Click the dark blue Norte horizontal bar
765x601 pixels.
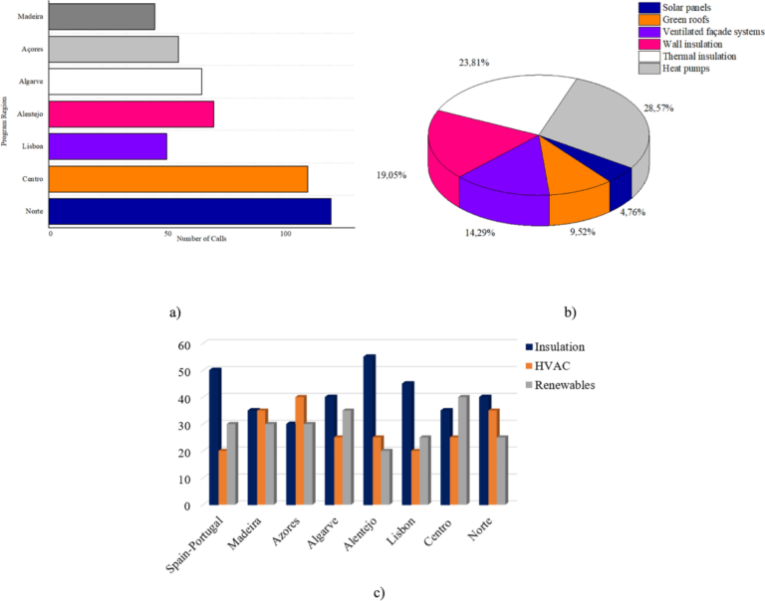(189, 212)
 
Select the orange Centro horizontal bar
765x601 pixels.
(177, 179)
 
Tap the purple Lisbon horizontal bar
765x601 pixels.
(108, 147)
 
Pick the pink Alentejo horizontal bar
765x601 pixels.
(130, 114)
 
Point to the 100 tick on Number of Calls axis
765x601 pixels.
(286, 235)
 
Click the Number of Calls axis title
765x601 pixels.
(201, 239)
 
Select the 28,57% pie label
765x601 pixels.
(660, 106)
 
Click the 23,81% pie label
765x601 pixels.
(474, 62)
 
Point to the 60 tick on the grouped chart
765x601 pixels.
(182, 345)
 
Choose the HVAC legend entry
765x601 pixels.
(558, 365)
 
